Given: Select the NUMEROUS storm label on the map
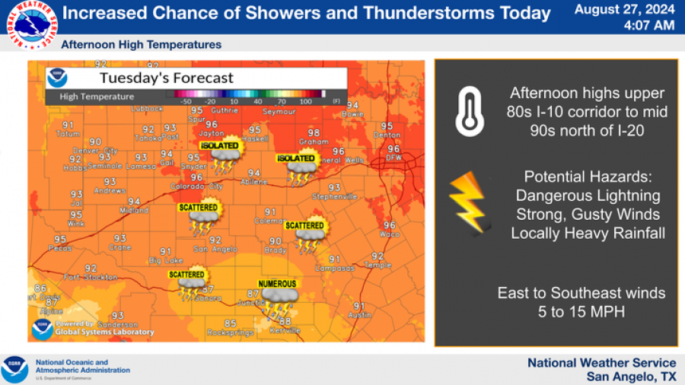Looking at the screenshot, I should (277, 284).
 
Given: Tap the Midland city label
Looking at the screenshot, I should (134, 210).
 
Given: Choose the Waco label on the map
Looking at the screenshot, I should (389, 234).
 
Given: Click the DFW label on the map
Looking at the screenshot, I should (394, 157).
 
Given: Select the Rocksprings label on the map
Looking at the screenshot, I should (230, 332).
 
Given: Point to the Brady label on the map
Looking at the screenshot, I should (276, 250).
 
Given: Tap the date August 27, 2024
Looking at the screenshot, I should (624, 9).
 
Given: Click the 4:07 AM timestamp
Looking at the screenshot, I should (648, 25).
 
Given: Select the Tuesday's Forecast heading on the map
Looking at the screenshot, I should (166, 78).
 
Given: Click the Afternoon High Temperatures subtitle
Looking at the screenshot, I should (142, 45).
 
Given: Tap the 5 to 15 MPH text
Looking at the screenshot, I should (581, 311).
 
